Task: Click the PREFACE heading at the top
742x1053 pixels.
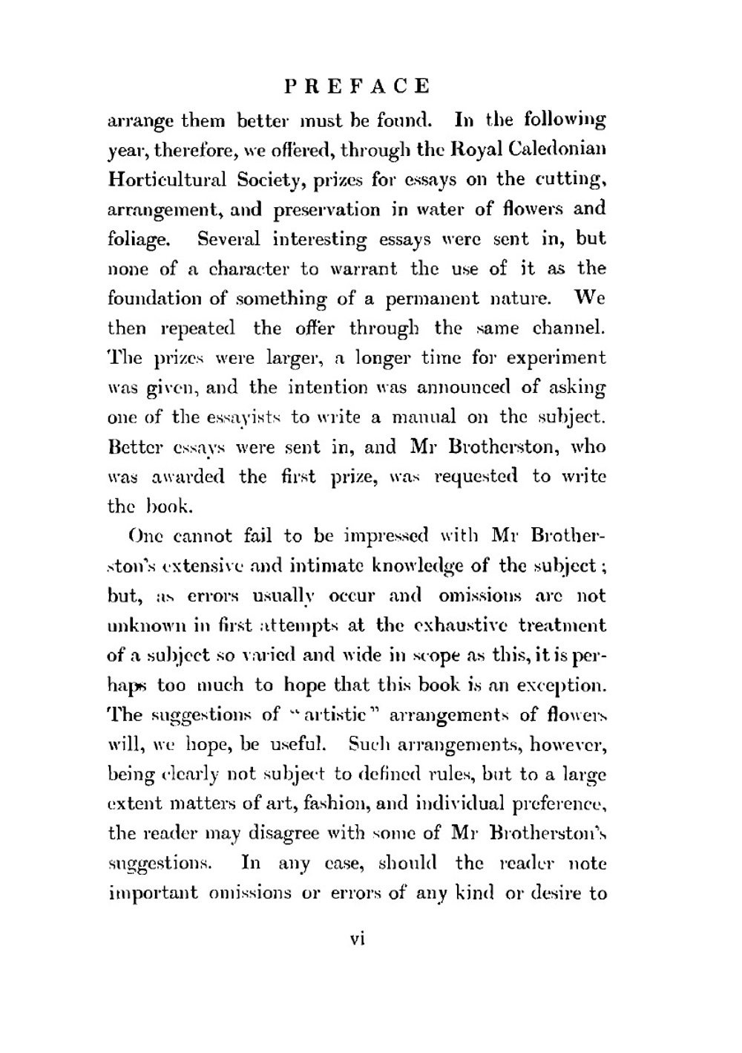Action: click(x=358, y=86)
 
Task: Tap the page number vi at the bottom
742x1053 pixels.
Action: click(x=358, y=939)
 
